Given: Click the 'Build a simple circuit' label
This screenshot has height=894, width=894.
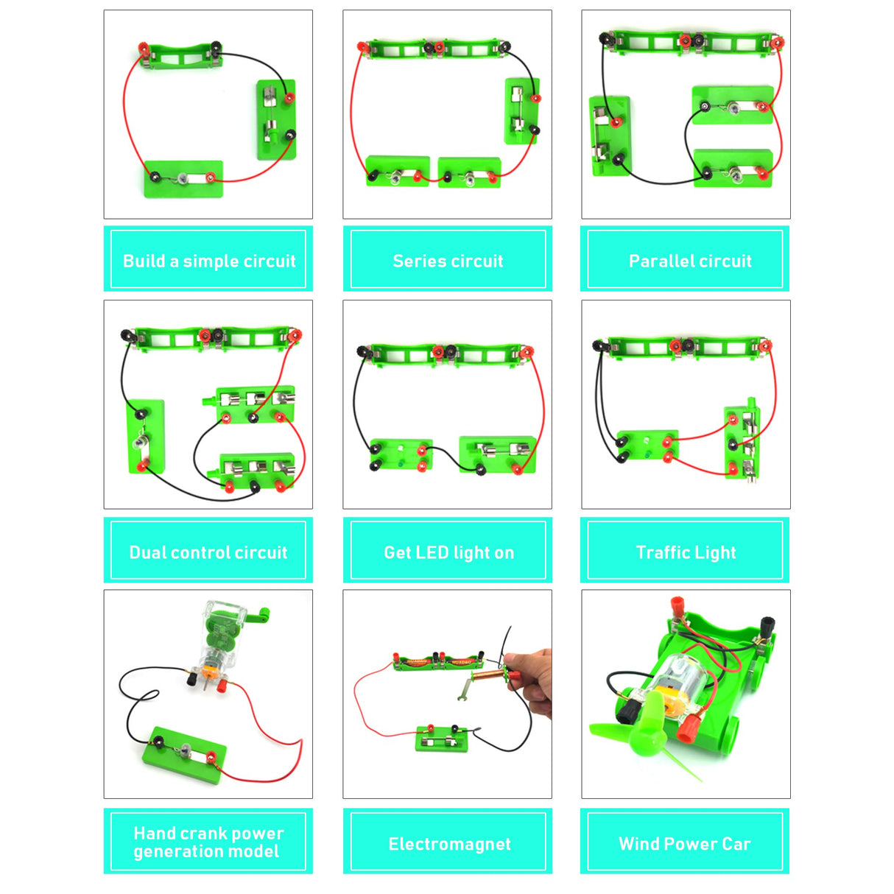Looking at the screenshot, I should (208, 261).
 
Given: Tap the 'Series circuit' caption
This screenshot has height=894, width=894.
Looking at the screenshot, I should (448, 261).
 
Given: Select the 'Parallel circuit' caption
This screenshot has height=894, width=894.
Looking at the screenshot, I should (689, 261).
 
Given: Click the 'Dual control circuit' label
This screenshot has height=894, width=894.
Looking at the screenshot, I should (208, 552).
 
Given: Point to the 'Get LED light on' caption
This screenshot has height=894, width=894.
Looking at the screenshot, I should (448, 552).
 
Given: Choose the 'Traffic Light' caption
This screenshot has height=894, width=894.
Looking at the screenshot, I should (686, 552).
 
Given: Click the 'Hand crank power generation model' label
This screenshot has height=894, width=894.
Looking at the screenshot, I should (208, 842).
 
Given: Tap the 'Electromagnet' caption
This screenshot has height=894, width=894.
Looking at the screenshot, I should (449, 844).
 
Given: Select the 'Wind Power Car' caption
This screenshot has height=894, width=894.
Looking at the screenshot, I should (685, 844).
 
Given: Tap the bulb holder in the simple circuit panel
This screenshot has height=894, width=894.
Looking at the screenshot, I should (183, 178).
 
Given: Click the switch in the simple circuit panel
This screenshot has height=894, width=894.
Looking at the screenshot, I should (276, 119).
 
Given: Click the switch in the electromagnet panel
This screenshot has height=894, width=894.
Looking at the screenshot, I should (442, 739).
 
